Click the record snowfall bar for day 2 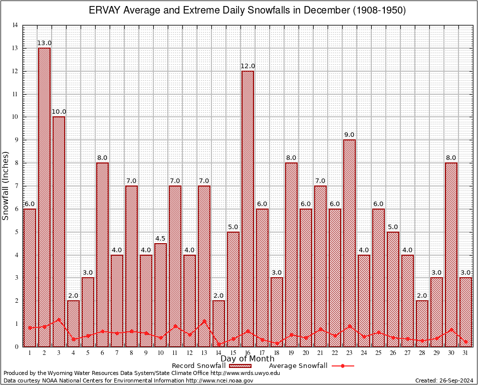pos(44,196)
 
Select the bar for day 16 pos(248,208)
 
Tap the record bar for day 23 pos(349,243)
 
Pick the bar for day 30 pos(451,253)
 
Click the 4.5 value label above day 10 pos(160,238)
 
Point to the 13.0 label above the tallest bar pos(44,43)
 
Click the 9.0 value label pos(349,135)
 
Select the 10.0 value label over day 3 pos(59,112)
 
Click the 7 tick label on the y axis pos(17,186)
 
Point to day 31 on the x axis pos(465,352)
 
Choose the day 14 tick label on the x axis pos(218,352)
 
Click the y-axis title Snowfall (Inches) pos(6,185)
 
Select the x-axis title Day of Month pos(247,359)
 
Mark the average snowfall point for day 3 pos(59,319)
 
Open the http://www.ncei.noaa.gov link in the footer pos(220,380)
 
